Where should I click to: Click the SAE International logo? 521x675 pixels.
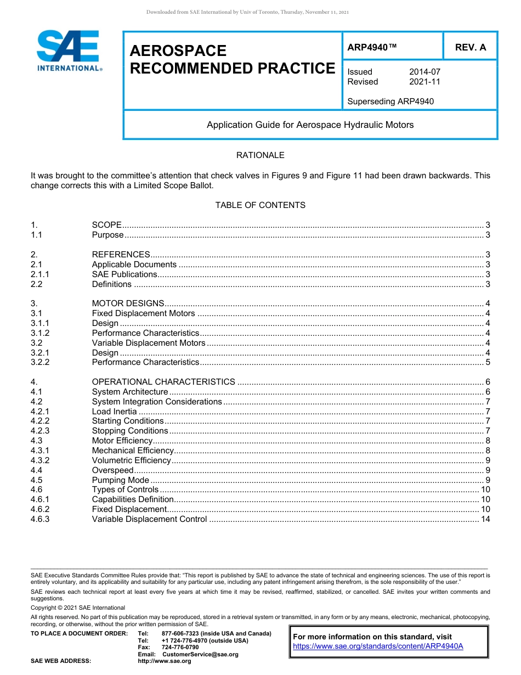68,51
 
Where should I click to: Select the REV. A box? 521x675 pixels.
470,48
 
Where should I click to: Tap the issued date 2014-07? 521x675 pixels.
424,72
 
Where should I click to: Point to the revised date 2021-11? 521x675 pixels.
424,82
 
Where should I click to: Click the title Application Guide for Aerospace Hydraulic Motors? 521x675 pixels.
310,125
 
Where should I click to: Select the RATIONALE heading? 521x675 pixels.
260,155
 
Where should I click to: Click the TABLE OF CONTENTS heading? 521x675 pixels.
260,205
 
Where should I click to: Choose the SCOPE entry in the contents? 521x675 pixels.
107,225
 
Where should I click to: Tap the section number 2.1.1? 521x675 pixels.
40,274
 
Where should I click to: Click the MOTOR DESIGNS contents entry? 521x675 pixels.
128,303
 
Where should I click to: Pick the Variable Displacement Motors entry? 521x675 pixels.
148,343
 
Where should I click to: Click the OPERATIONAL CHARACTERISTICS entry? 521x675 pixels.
163,382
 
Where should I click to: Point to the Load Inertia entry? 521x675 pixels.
114,412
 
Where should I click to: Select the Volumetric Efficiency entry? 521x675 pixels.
131,460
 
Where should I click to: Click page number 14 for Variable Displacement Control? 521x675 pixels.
485,519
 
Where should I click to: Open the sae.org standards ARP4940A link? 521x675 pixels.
378,646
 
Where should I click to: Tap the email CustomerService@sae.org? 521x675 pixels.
200,654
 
